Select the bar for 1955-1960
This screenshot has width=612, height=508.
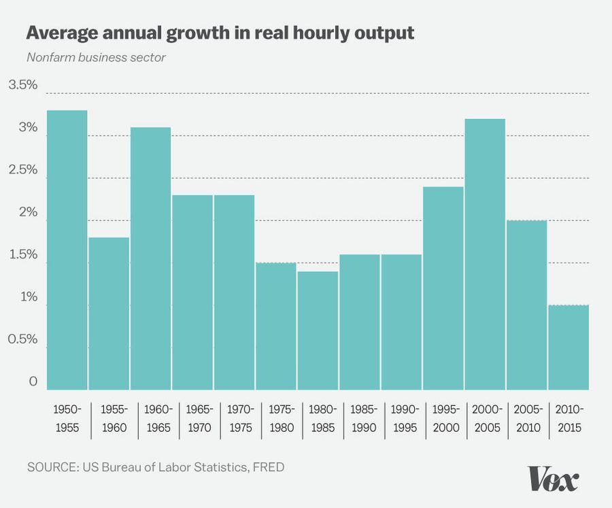pos(109,313)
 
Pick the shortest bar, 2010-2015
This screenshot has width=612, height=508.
pos(568,347)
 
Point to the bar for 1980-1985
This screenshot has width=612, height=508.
pos(318,330)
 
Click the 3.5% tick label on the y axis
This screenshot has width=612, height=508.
pos(22,85)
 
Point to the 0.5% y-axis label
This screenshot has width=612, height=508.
pos(22,339)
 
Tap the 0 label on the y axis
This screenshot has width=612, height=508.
pos(33,382)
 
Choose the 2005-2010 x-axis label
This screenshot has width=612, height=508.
pos(528,419)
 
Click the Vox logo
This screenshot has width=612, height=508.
pos(554,479)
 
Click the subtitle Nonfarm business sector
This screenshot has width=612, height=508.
pos(96,56)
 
